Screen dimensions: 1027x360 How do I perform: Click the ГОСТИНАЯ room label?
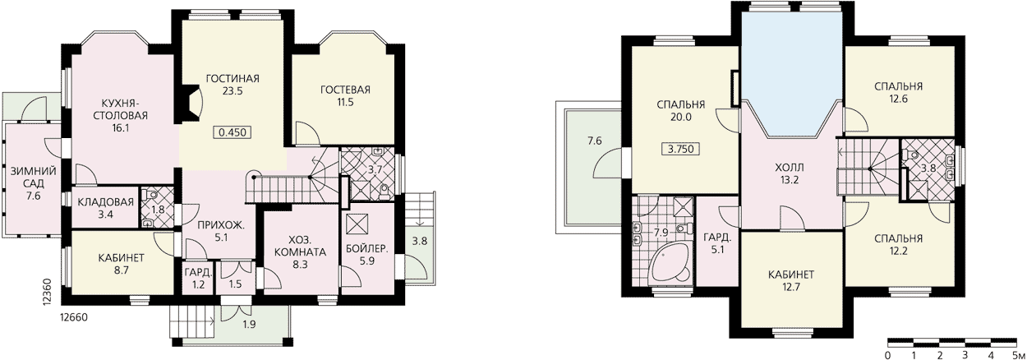pyautogui.click(x=233, y=78)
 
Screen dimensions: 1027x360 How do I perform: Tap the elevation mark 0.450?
pyautogui.click(x=233, y=133)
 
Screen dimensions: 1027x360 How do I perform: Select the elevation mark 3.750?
pyautogui.click(x=681, y=149)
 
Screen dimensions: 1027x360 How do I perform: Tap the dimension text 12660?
pyautogui.click(x=74, y=317)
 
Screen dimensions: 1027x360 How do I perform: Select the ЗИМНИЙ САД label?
pyautogui.click(x=34, y=178)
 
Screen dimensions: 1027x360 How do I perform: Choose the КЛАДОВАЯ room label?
pyautogui.click(x=105, y=202)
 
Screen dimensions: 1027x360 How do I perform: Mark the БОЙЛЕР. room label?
pyautogui.click(x=366, y=250)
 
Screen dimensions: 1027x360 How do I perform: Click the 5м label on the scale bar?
pyautogui.click(x=1018, y=355)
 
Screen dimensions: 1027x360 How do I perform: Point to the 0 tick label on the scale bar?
pyautogui.click(x=888, y=355)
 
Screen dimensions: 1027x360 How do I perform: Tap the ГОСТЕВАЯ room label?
pyautogui.click(x=345, y=90)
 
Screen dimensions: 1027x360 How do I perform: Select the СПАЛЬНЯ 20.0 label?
pyautogui.click(x=681, y=111)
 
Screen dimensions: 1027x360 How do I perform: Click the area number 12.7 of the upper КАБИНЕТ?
pyautogui.click(x=791, y=288)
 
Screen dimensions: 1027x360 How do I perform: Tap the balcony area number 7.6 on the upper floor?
pyautogui.click(x=594, y=141)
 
